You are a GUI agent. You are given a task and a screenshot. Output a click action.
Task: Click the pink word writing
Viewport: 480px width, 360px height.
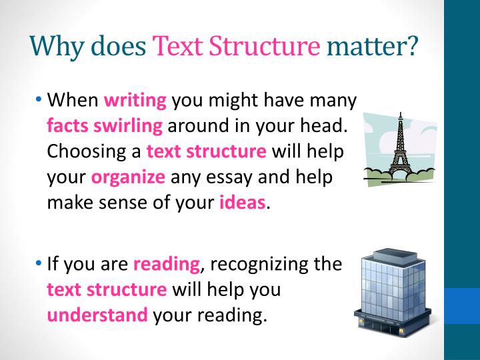point(135,101)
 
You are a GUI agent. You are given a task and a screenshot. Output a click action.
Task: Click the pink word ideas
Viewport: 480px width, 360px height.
point(242,203)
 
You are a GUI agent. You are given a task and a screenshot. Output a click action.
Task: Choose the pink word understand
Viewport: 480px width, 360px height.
point(97,315)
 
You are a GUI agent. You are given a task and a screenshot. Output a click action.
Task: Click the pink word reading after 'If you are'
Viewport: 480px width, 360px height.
point(166,265)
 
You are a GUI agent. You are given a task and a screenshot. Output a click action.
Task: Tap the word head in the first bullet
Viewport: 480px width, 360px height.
point(329,126)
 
